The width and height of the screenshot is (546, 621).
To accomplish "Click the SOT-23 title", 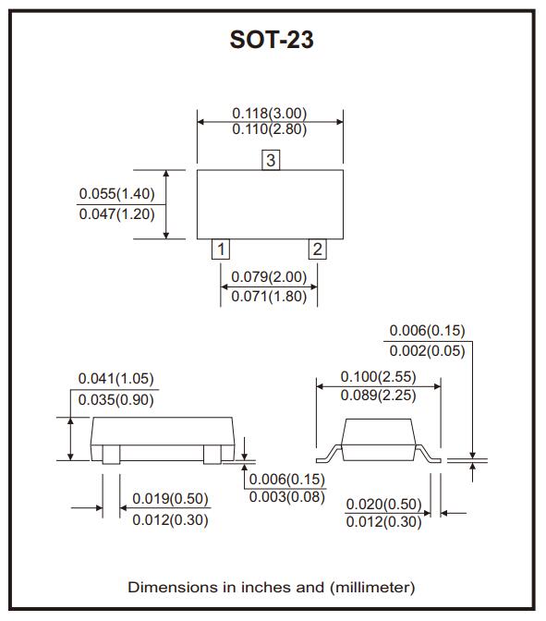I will click(x=272, y=42).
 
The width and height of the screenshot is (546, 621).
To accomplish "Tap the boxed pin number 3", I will click(x=270, y=161).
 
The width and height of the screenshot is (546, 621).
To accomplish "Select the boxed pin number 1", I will click(x=221, y=249).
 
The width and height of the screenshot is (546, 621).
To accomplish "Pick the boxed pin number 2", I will click(x=317, y=249).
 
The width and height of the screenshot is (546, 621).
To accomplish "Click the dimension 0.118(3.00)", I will click(x=269, y=114).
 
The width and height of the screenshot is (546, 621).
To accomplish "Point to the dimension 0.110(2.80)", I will click(x=269, y=129).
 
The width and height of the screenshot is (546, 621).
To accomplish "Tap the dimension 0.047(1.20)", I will click(x=116, y=213).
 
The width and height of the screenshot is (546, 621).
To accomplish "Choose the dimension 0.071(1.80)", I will click(x=269, y=297).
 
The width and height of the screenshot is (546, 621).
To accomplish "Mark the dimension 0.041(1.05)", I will click(x=115, y=379).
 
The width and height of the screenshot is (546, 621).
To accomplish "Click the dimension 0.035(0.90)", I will click(x=115, y=399).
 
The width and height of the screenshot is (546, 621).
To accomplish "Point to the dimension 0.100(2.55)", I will click(x=378, y=376).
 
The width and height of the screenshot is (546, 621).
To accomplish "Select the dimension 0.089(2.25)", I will click(x=378, y=395).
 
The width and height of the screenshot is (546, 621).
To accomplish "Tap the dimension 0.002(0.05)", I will click(x=427, y=350).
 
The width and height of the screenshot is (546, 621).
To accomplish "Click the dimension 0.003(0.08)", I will click(x=287, y=497).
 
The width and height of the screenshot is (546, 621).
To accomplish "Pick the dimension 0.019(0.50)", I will click(x=170, y=499).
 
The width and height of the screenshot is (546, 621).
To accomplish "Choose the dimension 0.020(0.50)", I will click(x=383, y=504).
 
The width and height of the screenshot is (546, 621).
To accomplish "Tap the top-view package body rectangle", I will click(x=270, y=204).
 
